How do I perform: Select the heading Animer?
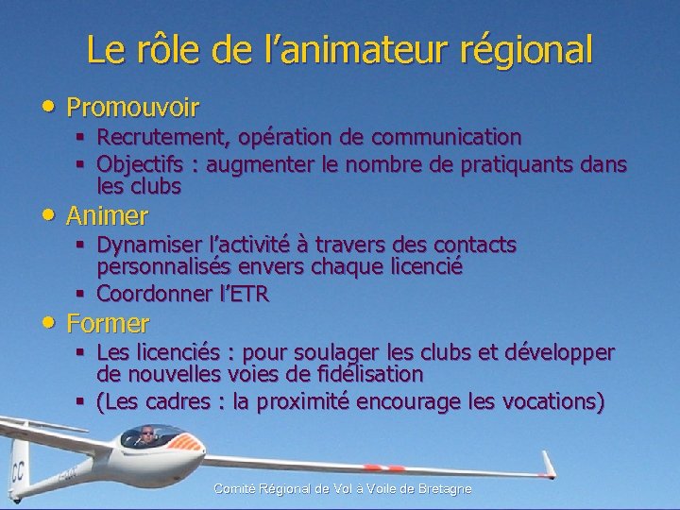(107, 216)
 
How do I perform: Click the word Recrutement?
(157, 138)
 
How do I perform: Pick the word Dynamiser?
(151, 246)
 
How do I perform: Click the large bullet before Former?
(47, 321)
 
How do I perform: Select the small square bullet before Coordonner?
(81, 294)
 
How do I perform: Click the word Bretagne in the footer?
(441, 488)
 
